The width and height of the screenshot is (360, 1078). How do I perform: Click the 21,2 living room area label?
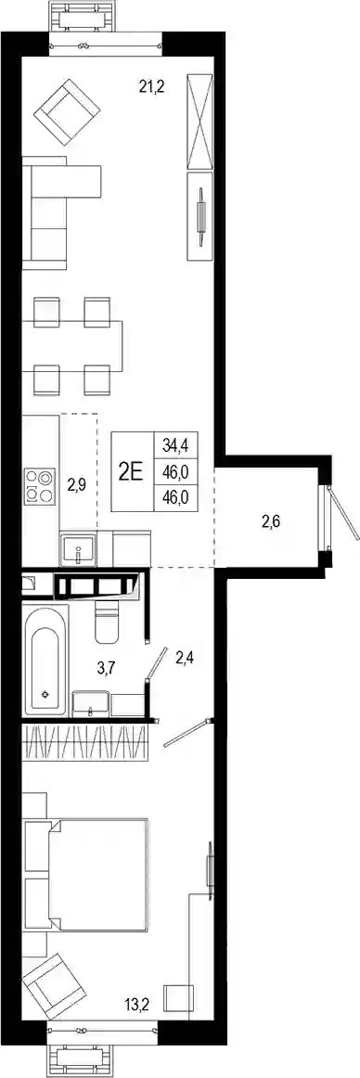click(x=152, y=86)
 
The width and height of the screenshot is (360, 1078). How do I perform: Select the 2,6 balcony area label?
click(x=272, y=521)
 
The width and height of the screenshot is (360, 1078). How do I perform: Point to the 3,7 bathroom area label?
click(x=104, y=664)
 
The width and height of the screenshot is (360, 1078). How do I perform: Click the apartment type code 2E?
click(x=131, y=471)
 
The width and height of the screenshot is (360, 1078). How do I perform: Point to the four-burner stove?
click(x=40, y=486)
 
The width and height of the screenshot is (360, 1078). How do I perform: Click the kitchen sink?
click(x=78, y=548)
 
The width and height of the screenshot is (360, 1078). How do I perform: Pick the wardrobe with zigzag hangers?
click(x=85, y=742)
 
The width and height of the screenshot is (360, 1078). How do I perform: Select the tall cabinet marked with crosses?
click(x=201, y=121)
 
